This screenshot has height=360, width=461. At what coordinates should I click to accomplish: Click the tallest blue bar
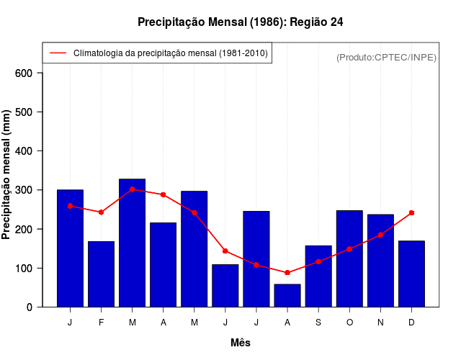point(132,243)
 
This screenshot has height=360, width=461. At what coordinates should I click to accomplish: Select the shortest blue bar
point(287,295)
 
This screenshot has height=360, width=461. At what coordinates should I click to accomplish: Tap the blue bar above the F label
point(101,274)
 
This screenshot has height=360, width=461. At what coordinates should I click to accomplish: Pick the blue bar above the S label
point(318,276)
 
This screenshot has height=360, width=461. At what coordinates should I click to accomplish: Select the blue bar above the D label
point(411,274)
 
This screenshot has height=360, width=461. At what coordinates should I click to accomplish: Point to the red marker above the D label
point(411,213)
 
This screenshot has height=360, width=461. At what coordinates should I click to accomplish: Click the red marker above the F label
point(101,212)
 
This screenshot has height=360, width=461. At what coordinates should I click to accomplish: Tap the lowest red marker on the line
point(287,273)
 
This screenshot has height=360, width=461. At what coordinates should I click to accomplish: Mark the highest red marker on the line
point(132,189)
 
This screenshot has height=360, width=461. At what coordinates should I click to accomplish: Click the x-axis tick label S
point(318,323)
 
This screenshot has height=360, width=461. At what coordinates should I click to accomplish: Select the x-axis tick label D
point(411,323)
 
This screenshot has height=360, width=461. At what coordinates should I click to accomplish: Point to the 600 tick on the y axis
point(23,73)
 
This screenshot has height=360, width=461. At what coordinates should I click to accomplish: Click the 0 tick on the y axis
point(29,307)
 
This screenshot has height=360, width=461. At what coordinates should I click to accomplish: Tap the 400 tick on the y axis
point(23,151)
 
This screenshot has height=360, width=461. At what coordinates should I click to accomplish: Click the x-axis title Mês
point(241,343)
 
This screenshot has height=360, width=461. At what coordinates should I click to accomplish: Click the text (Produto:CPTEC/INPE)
point(386,57)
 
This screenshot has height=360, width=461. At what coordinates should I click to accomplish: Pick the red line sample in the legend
point(58,53)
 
